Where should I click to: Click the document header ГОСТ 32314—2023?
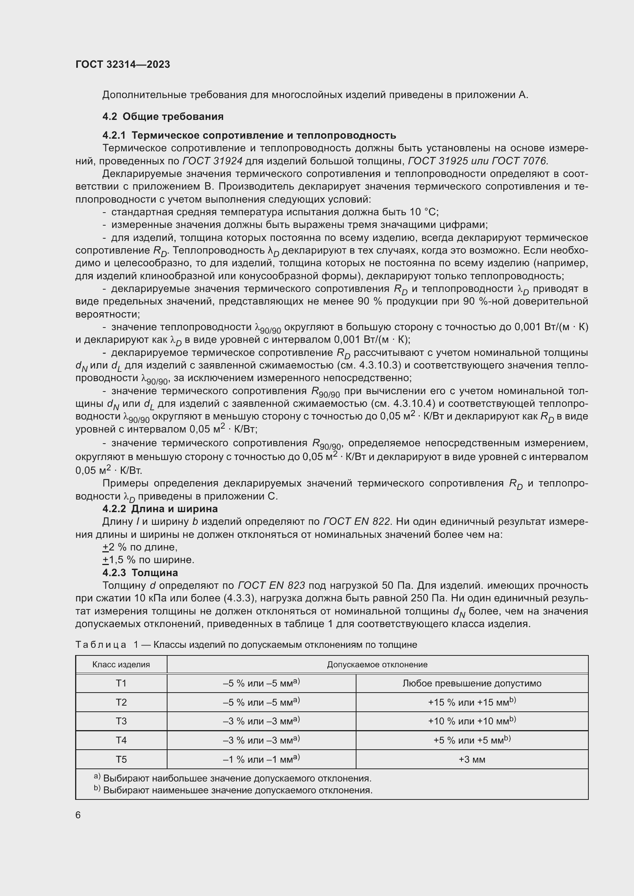[x=123, y=64]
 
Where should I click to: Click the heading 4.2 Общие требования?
[x=163, y=116]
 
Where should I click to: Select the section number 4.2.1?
[x=114, y=135]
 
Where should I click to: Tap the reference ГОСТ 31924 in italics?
[x=212, y=161]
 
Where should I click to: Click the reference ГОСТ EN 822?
[x=356, y=522]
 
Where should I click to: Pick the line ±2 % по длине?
[x=140, y=547]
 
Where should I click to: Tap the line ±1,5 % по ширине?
[x=148, y=560]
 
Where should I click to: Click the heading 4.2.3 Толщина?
[x=140, y=573]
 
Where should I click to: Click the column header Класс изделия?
[x=121, y=665]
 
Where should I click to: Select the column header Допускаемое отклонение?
[x=377, y=665]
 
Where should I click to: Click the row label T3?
[x=121, y=721]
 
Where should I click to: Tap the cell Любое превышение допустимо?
[x=471, y=683]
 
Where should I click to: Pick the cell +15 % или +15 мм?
[x=471, y=703]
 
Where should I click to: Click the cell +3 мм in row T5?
[x=471, y=759]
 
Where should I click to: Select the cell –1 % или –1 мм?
[x=261, y=759]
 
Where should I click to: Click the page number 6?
[x=78, y=815]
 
